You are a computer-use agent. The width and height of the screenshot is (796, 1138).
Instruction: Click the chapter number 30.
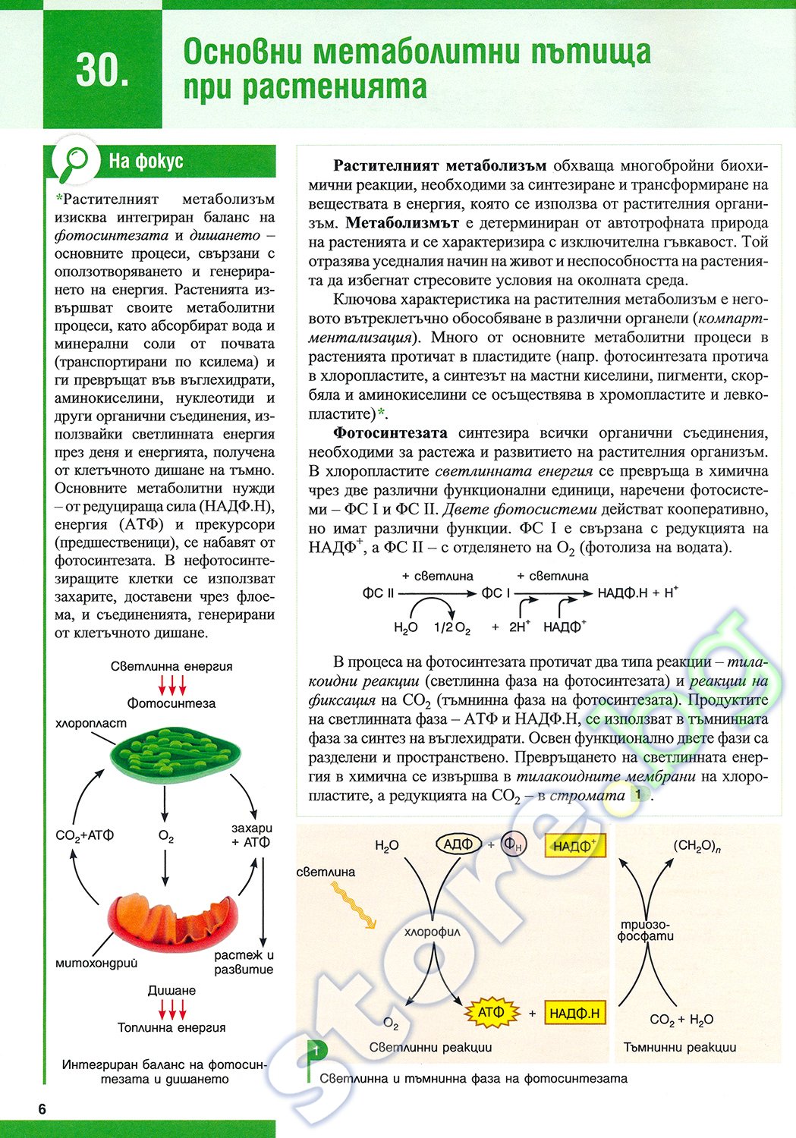(102, 71)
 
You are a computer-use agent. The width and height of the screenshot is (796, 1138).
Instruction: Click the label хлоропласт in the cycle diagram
(91, 723)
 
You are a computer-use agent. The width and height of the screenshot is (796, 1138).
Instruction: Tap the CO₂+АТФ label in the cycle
(85, 835)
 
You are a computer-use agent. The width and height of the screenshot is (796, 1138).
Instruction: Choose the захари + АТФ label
(251, 835)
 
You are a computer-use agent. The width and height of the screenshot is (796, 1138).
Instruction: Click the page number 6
(42, 1109)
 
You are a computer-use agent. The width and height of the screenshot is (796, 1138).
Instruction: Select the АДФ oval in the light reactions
(458, 844)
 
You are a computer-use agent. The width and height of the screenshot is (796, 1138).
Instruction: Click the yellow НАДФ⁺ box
(575, 846)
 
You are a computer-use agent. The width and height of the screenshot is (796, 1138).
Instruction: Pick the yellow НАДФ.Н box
(574, 1013)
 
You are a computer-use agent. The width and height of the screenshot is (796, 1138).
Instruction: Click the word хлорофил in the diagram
(433, 932)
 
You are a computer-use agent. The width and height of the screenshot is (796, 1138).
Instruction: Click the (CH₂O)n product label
(697, 847)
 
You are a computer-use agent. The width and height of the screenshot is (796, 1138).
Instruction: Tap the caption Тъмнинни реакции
(680, 1047)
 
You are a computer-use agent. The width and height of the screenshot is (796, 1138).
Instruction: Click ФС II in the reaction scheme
(378, 593)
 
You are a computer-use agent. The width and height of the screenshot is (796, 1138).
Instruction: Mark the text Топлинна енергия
(171, 1027)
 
